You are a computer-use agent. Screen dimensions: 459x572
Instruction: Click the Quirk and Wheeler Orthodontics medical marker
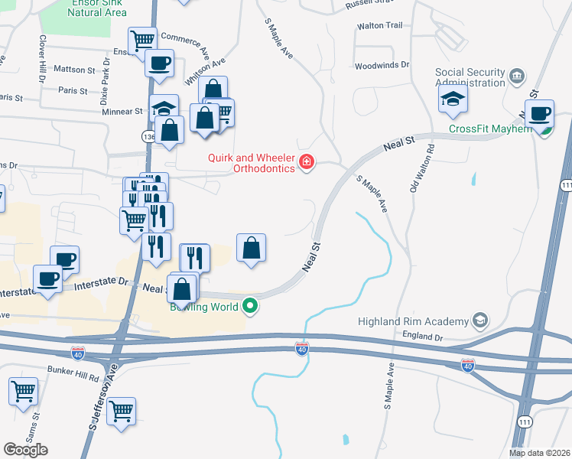tap(307, 161)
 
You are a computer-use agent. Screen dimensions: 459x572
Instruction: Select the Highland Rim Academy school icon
tap(480, 320)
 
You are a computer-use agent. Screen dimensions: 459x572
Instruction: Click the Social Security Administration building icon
tap(518, 76)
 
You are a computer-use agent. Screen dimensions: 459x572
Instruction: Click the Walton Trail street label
tap(379, 26)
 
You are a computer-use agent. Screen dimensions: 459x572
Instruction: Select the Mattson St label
tap(74, 69)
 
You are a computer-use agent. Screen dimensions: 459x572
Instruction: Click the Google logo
tap(25, 449)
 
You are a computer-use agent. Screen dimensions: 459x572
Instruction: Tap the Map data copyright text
tap(539, 453)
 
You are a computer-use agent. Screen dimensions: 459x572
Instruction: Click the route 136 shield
tap(148, 136)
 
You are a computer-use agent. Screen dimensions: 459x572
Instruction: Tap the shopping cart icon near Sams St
tap(23, 392)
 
